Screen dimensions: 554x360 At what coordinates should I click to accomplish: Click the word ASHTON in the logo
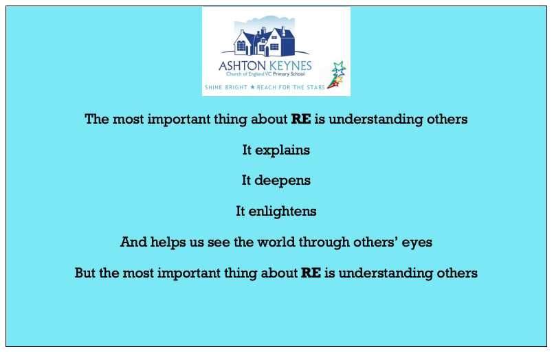[x=242, y=66]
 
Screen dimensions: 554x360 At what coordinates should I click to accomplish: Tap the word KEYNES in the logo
[x=290, y=66]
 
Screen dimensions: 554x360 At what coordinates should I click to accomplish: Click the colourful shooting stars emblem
[x=337, y=75]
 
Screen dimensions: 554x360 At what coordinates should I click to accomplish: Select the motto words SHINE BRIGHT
[x=226, y=87]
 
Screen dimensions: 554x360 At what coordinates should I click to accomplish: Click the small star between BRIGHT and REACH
[x=252, y=87]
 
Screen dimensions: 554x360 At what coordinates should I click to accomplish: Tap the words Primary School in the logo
[x=289, y=74]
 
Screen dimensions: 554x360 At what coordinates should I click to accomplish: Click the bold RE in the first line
[x=301, y=119]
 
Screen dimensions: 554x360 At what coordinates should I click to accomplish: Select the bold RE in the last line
[x=311, y=273]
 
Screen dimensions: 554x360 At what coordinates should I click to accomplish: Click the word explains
[x=282, y=150]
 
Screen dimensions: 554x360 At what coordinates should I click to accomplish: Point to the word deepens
[x=282, y=181]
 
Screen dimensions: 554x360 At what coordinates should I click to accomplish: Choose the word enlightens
[x=282, y=212]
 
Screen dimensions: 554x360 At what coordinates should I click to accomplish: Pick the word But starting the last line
[x=85, y=273]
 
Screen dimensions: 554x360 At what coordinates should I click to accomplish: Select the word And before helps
[x=133, y=242]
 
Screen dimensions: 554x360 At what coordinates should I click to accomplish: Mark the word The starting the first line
[x=97, y=119]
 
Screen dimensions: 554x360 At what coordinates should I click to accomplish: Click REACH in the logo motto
[x=267, y=87]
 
